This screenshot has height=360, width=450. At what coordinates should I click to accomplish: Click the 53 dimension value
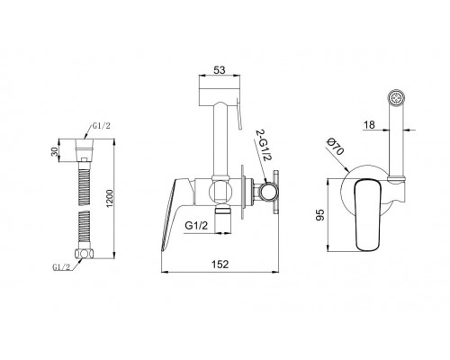click(220, 70)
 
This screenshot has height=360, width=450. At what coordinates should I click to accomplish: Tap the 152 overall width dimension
click(220, 264)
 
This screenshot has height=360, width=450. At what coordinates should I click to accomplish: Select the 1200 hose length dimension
click(110, 198)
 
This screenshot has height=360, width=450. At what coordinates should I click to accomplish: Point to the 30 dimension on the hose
click(54, 152)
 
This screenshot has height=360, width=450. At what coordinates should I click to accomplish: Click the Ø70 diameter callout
click(335, 146)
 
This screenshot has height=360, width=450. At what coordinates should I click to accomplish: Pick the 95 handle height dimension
click(320, 215)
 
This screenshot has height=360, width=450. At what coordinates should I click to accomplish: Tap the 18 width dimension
click(369, 124)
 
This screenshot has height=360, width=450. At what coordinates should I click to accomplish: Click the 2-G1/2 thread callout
click(264, 146)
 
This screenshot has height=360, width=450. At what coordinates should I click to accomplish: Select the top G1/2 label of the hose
click(101, 126)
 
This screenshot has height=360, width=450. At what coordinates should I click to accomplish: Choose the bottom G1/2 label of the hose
click(61, 267)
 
